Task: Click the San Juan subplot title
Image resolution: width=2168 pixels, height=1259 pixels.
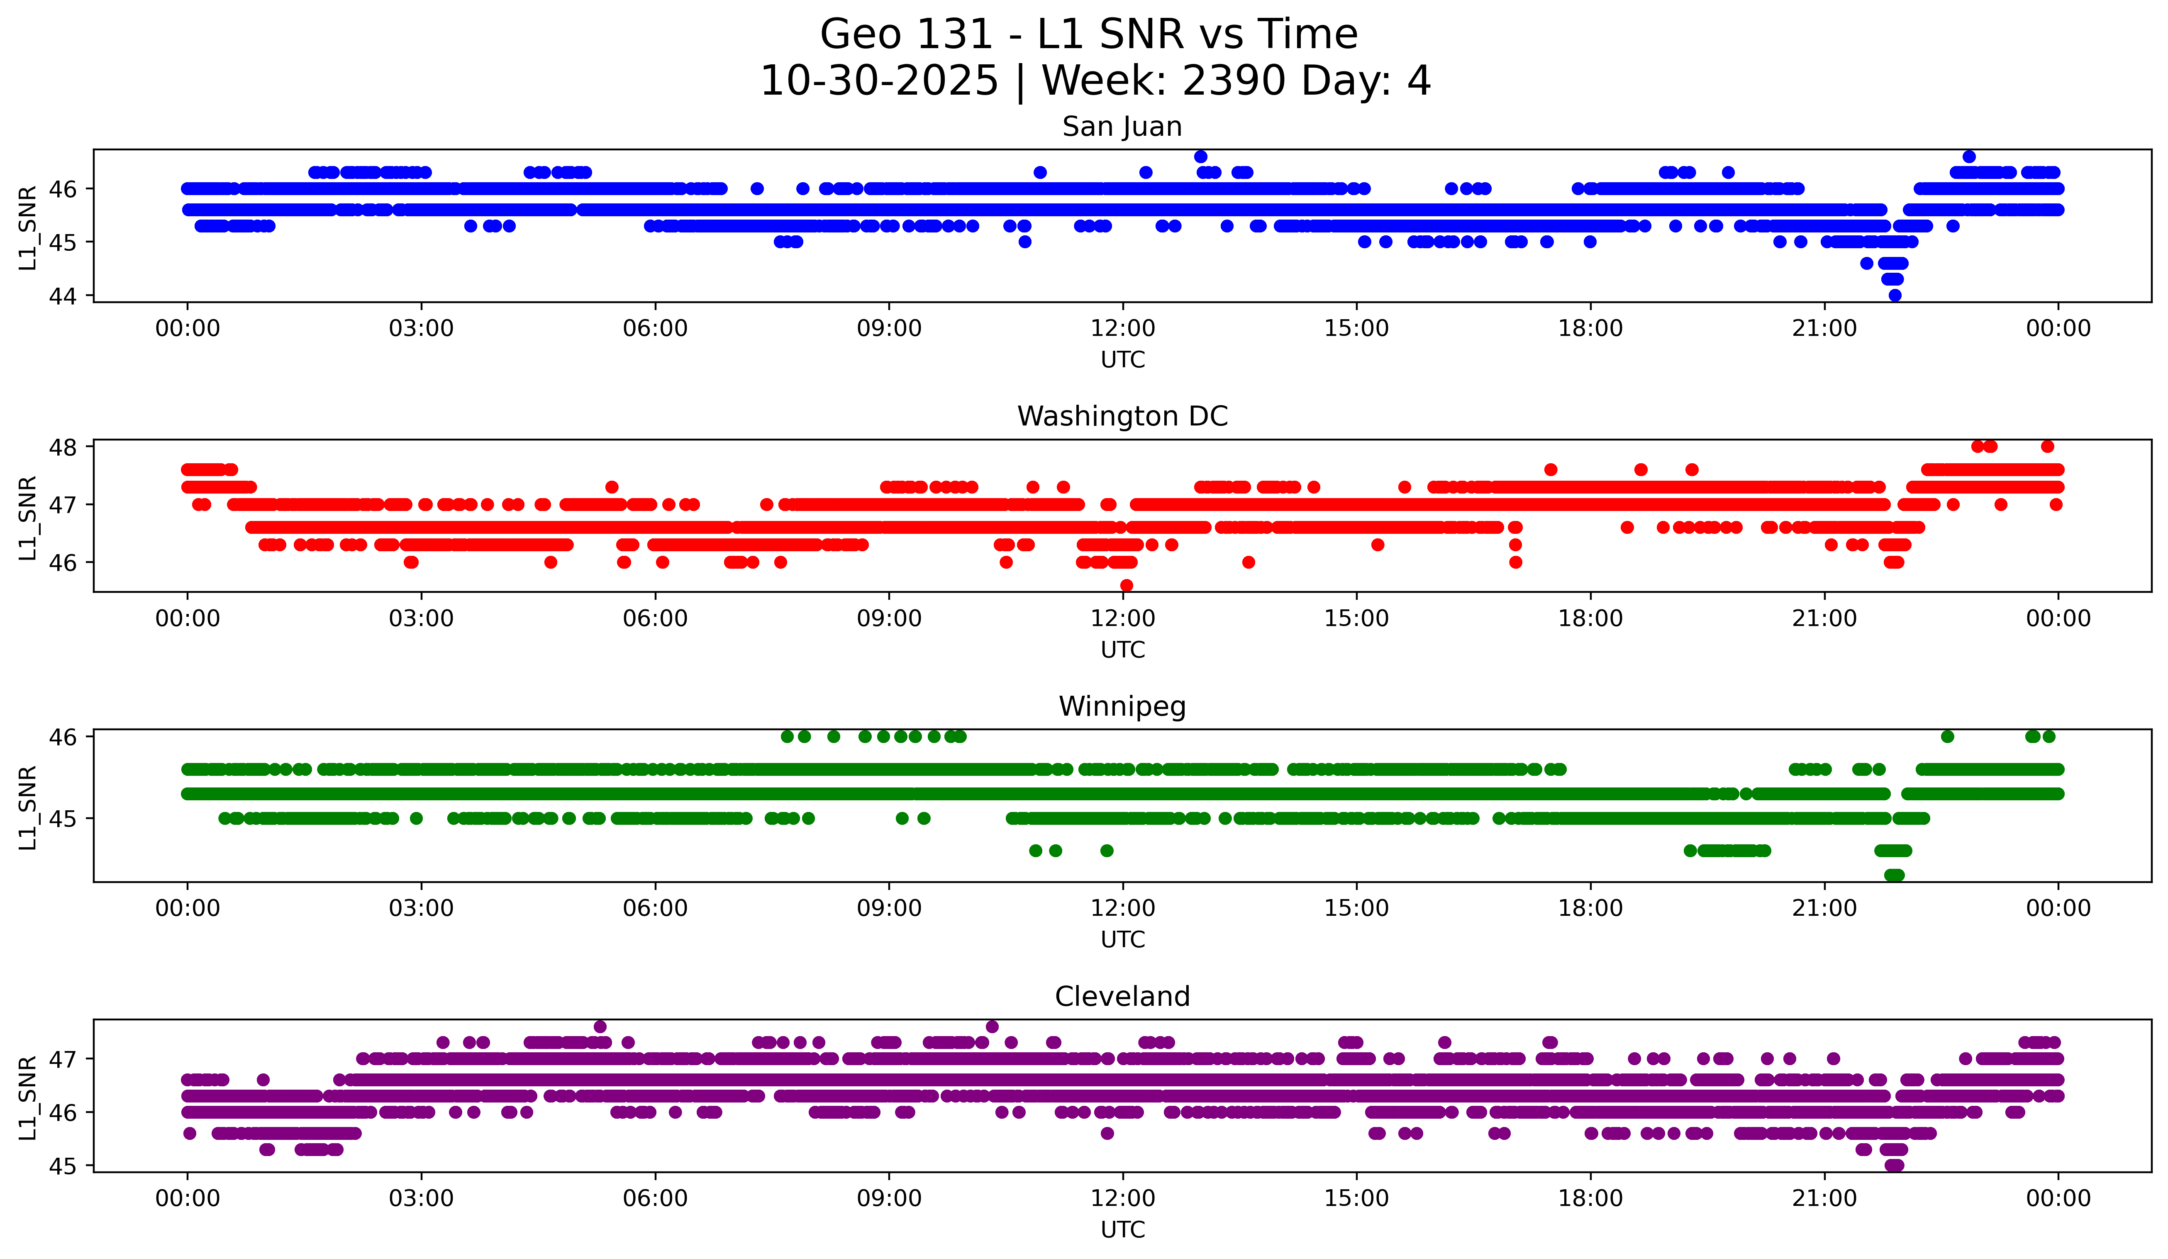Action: click(1122, 127)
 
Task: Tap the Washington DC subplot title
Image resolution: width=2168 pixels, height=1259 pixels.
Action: click(1122, 416)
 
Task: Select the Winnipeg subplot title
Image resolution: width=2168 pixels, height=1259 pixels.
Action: click(1122, 707)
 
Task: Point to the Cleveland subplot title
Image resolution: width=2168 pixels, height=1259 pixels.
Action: click(1122, 997)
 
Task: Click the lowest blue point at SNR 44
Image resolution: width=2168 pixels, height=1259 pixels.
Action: click(1895, 295)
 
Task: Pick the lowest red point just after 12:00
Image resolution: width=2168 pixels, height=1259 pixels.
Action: click(1126, 585)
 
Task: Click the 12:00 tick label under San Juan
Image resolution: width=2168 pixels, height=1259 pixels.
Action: click(1123, 329)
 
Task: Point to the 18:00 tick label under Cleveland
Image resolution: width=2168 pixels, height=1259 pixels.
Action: click(1590, 1199)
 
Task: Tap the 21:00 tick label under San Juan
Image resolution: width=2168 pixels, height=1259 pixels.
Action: click(1824, 329)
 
